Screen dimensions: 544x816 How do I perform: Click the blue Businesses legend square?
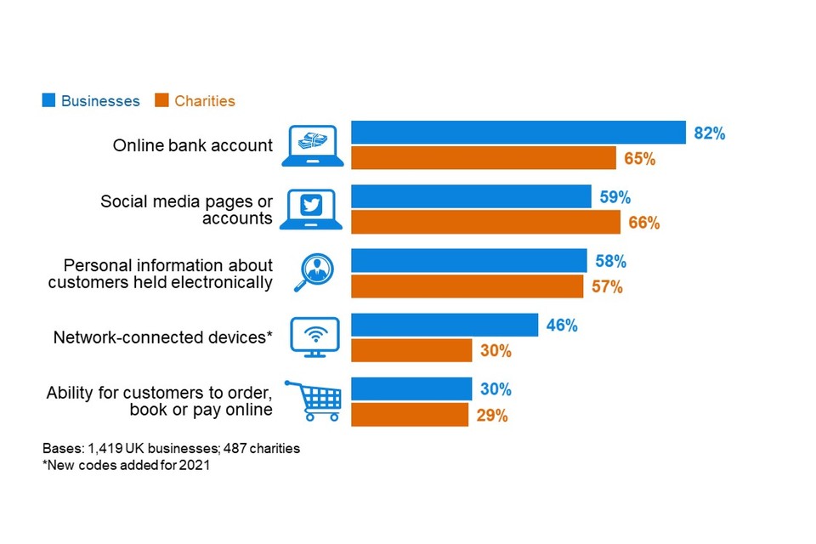tap(49, 101)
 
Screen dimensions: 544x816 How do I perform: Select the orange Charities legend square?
tap(161, 101)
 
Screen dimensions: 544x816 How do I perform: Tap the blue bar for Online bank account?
tap(518, 133)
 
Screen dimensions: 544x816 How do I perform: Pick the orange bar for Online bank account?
tap(484, 158)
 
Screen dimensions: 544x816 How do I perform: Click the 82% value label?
tap(709, 133)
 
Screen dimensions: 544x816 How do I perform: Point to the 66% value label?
tap(643, 223)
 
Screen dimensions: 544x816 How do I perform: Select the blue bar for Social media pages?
tap(471, 196)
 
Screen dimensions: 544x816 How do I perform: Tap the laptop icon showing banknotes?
tap(312, 145)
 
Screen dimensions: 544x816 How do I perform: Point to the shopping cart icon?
tap(313, 399)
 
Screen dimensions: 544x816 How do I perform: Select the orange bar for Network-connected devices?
tap(411, 350)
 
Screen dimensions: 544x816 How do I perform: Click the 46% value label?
tap(562, 325)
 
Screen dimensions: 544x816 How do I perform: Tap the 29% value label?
tap(492, 415)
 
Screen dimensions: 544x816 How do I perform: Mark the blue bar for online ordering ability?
tap(411, 388)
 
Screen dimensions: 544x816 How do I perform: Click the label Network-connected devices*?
tap(162, 337)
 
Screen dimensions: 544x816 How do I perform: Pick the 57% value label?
tap(607, 286)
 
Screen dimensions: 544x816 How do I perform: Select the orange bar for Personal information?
tap(467, 286)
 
